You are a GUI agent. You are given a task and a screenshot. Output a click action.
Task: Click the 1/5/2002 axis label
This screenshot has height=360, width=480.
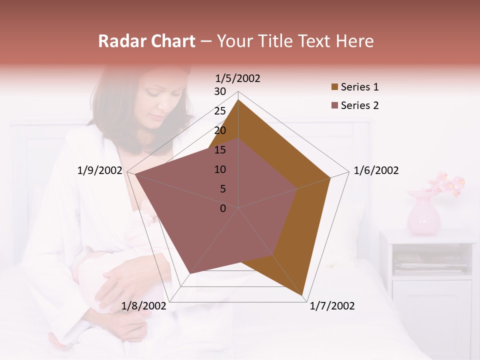(x=238, y=78)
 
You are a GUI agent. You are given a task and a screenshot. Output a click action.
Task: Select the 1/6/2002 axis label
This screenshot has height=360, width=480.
(x=376, y=170)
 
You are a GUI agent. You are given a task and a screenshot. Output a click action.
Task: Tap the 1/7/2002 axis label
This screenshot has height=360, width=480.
(x=332, y=306)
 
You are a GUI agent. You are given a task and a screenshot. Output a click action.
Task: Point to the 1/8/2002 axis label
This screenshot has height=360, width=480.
(x=143, y=306)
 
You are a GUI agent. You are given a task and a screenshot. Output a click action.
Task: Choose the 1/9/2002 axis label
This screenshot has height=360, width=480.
(x=99, y=170)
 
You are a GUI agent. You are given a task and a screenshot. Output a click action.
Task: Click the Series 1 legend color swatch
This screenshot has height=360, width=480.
(x=334, y=87)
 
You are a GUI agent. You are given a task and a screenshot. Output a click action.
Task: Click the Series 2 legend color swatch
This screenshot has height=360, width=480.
(x=334, y=105)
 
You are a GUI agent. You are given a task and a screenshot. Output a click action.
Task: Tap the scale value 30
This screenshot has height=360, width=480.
(x=220, y=91)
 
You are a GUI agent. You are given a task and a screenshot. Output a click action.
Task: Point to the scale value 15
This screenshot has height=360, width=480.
(x=220, y=150)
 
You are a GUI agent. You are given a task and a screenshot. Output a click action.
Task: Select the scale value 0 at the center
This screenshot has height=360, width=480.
(x=223, y=208)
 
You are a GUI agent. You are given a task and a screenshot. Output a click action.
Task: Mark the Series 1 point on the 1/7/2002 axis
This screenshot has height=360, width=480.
(x=303, y=296)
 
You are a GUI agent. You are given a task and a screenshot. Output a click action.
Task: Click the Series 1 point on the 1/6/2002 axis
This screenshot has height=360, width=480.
(x=330, y=178)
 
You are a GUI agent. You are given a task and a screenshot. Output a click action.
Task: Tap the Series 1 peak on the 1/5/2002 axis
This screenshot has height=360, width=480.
(x=238, y=100)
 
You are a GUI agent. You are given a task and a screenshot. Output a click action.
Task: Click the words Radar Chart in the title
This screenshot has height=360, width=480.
(x=146, y=41)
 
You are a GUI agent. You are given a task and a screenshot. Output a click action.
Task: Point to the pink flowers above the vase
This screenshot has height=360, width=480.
(x=446, y=183)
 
